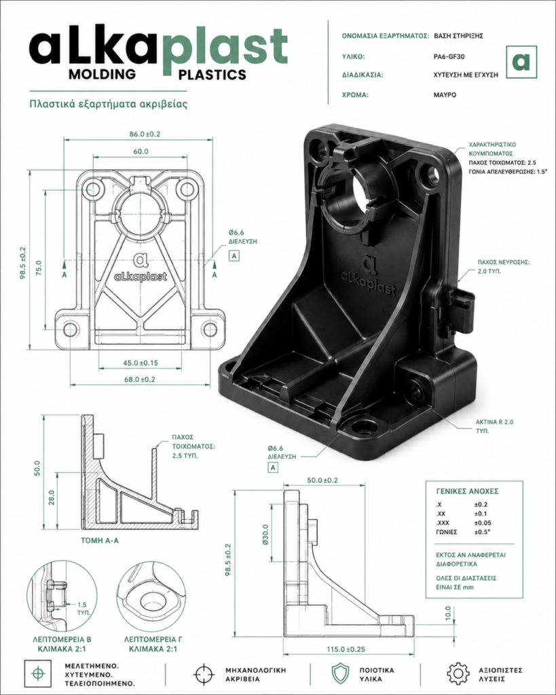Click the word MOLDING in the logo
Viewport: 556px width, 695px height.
[102, 73]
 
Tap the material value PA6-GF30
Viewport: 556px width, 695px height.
[449, 57]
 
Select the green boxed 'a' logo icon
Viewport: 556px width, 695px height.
[521, 62]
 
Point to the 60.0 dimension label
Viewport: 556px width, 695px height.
[141, 151]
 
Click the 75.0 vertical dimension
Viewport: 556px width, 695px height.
[39, 268]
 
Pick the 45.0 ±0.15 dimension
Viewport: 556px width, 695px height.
[141, 363]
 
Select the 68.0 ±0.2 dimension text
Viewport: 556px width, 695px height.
[140, 379]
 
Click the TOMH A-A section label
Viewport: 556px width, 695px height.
[100, 541]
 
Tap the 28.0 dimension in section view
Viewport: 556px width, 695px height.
[52, 497]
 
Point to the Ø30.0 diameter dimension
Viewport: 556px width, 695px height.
[265, 535]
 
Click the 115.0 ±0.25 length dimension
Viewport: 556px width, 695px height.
[346, 650]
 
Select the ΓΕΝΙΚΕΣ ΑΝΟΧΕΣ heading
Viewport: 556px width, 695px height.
[467, 491]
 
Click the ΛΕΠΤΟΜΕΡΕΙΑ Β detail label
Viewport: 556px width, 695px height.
[62, 639]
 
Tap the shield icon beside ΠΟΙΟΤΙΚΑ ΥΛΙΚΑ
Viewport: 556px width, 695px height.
[341, 674]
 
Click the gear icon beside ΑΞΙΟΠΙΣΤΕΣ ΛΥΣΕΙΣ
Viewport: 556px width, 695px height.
[458, 674]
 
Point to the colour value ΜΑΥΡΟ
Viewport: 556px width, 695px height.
[445, 95]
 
